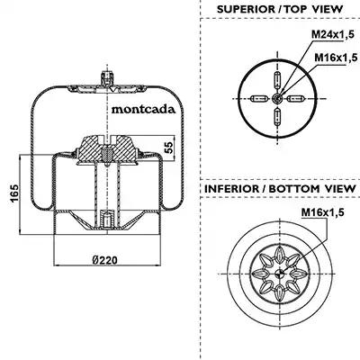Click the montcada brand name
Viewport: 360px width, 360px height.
[x=143, y=109]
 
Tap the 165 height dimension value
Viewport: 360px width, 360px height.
[x=14, y=193]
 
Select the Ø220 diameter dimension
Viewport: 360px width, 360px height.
[x=104, y=260]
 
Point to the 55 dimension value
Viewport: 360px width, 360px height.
[x=170, y=148]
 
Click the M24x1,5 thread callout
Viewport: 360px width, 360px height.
[x=333, y=34]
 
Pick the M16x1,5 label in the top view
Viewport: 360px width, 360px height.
[x=336, y=57]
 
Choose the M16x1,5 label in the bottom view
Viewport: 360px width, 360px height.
[x=323, y=212]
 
